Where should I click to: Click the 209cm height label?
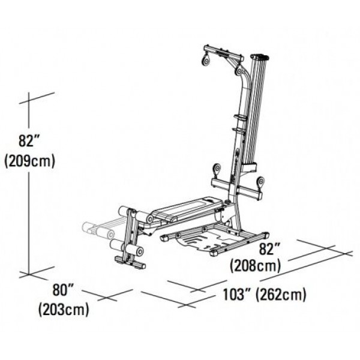click(30, 161)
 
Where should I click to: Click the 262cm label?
click(281, 295)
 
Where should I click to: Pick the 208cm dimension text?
click(256, 265)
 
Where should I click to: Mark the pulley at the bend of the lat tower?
click(239, 71)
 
